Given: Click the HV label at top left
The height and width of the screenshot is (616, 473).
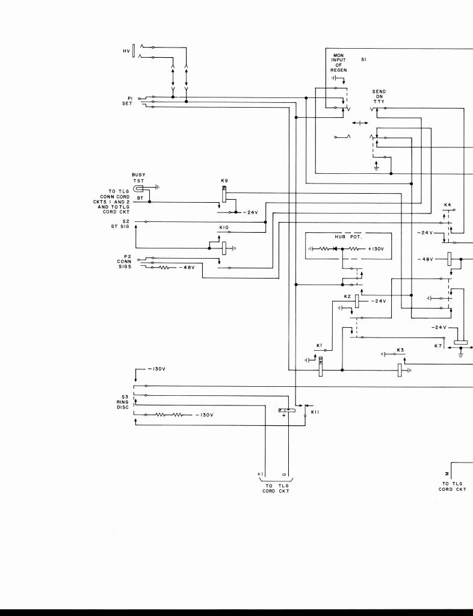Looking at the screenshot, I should [x=126, y=51].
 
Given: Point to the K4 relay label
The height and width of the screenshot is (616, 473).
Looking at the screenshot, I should [x=447, y=205].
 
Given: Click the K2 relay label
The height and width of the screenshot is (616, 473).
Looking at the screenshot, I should [x=347, y=297].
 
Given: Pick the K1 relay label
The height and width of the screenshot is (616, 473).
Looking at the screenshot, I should [x=320, y=345].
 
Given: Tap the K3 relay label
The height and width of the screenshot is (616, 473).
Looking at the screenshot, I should [x=400, y=350].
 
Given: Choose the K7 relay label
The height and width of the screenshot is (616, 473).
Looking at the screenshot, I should [x=438, y=346].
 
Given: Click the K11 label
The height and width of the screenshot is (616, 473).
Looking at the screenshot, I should [x=315, y=412].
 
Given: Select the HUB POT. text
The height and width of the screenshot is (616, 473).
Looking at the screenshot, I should [x=346, y=238].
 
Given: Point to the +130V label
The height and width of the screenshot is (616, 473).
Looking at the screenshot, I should [x=376, y=248].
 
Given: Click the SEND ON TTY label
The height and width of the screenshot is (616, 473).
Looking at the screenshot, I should [x=379, y=96].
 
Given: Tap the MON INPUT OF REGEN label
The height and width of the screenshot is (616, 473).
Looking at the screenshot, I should [x=339, y=63].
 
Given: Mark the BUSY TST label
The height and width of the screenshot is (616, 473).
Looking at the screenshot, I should [x=138, y=178].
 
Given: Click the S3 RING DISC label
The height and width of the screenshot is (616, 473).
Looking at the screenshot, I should [x=123, y=402].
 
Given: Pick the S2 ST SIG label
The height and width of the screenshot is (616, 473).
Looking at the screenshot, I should [x=125, y=224].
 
